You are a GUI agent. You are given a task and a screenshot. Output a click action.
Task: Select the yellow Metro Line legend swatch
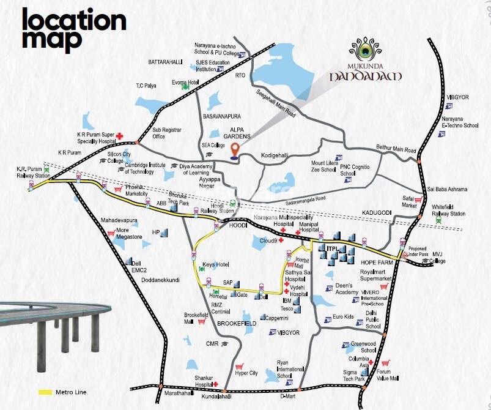click(x=44, y=392)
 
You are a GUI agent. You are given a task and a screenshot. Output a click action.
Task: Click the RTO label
click(x=240, y=78)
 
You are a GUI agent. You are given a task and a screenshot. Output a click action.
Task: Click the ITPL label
click(x=333, y=248)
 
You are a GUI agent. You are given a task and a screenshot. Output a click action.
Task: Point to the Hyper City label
click(x=246, y=373)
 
